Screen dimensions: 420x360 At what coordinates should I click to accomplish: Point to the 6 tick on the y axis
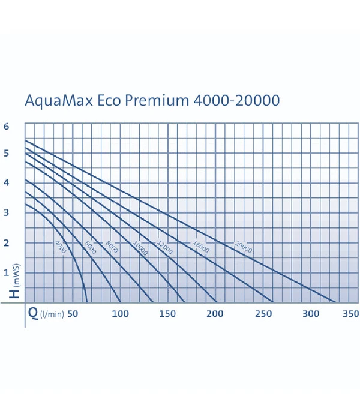click(x=6, y=127)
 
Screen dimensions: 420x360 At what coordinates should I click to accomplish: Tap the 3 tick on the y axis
click(x=6, y=213)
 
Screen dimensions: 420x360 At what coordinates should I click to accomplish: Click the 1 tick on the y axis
click(x=6, y=272)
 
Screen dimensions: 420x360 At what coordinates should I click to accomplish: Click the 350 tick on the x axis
click(x=350, y=314)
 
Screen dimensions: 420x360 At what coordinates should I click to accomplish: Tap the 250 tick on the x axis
click(x=262, y=314)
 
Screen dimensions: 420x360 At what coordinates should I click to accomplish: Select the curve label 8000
click(x=112, y=247)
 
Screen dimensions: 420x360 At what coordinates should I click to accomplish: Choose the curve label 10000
click(x=140, y=248)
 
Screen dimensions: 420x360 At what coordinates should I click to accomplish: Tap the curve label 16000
click(x=200, y=245)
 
